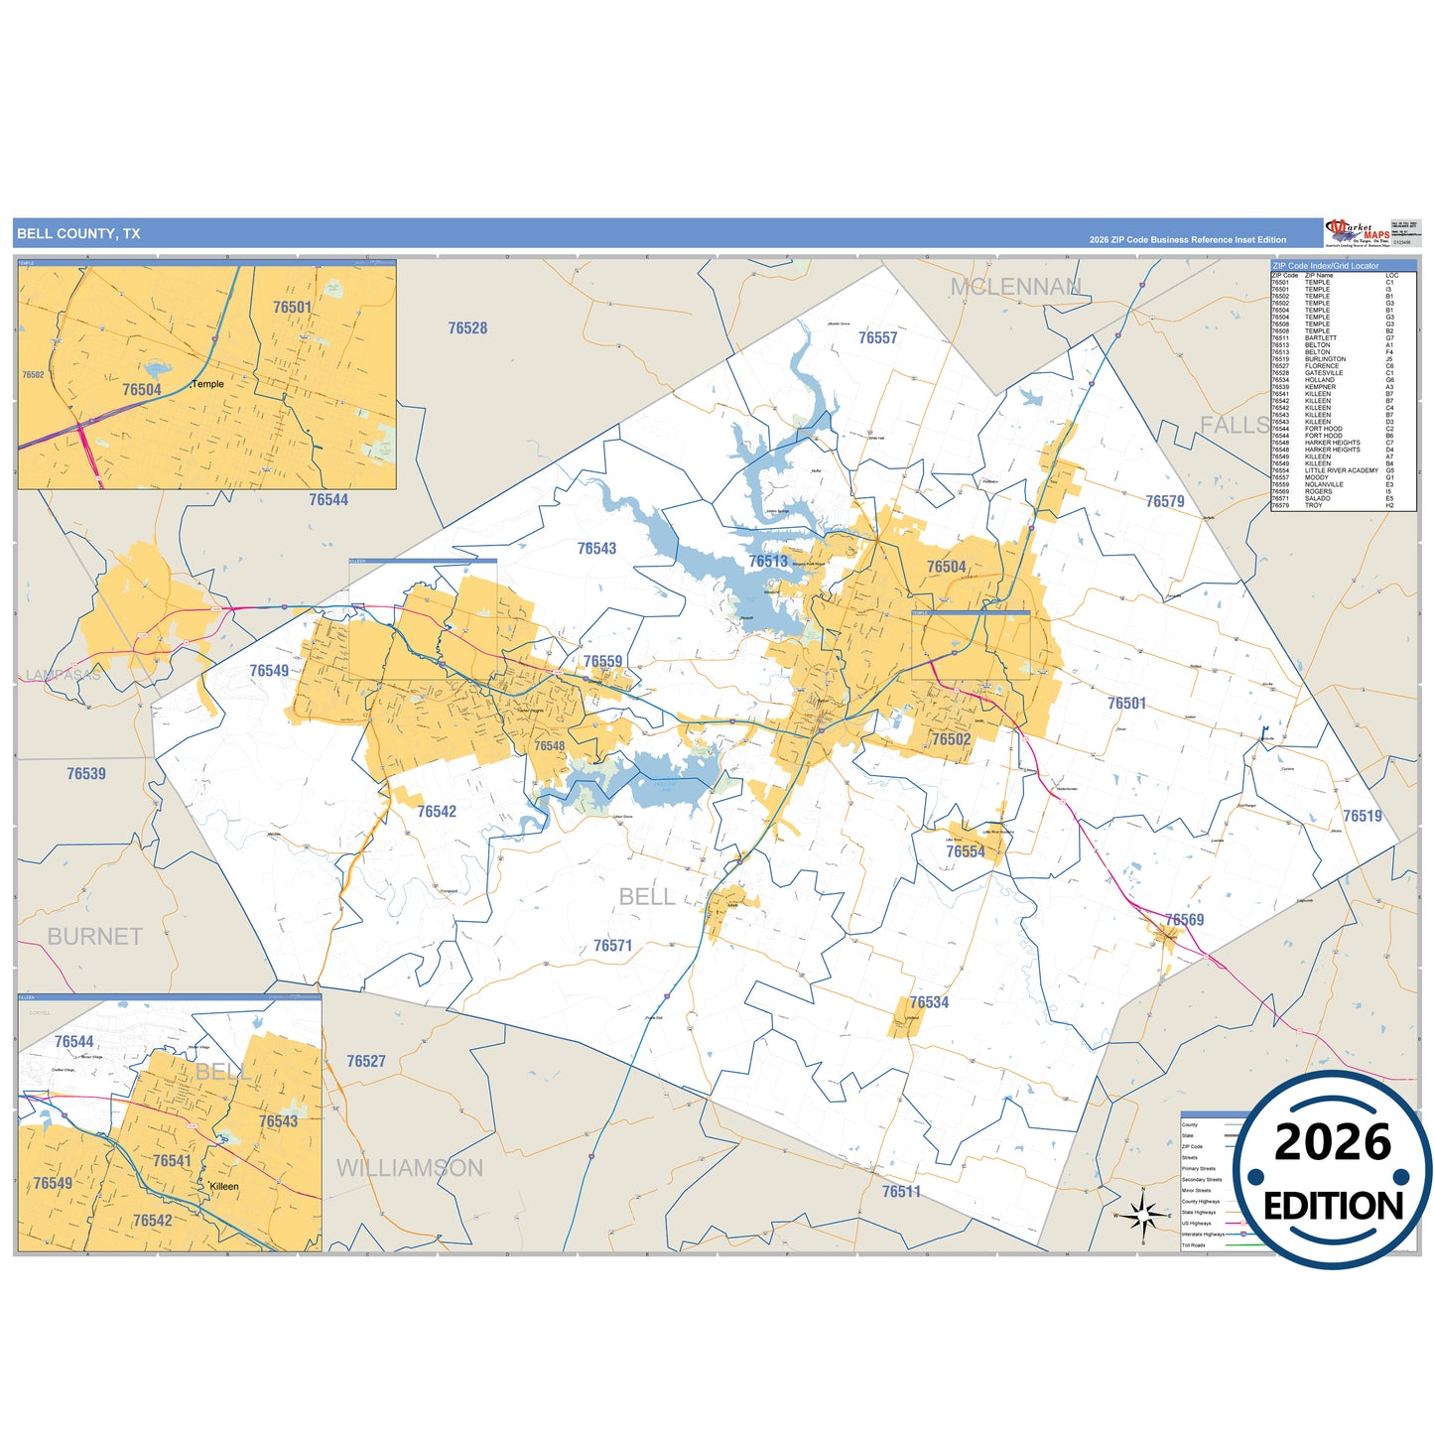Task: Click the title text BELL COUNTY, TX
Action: coord(78,234)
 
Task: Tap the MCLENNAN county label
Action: coord(1015,287)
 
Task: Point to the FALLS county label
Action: coord(1234,425)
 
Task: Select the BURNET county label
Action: coord(94,937)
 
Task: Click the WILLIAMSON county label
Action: coord(410,1168)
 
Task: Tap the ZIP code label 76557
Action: coord(877,338)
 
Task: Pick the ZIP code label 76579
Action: coord(1164,502)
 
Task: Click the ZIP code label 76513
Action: coord(768,562)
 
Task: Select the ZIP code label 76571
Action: coord(612,946)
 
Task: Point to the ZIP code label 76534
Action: coord(929,1002)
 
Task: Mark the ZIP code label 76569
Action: coord(1184,920)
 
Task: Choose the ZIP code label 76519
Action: coord(1363,816)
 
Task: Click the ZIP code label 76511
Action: coord(901,1192)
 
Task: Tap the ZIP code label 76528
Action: coord(467,328)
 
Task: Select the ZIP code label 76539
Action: coord(86,774)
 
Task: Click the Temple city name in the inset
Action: coord(207,384)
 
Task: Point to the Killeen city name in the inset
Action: coord(224,1186)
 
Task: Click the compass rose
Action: coord(1143,1214)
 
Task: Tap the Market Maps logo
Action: coord(1358,232)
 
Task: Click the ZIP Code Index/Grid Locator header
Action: coord(1326,266)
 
